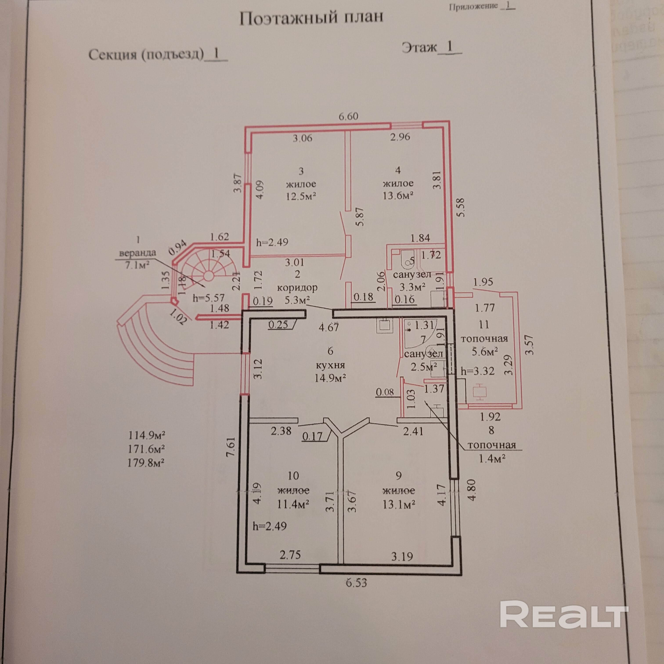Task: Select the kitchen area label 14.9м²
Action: click(330, 378)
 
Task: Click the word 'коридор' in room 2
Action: click(297, 287)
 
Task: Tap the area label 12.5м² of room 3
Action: click(301, 196)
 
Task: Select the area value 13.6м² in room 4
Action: click(398, 196)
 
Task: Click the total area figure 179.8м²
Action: click(146, 463)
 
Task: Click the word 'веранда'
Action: click(137, 253)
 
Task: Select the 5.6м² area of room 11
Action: click(485, 352)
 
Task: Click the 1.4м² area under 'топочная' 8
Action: click(492, 458)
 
